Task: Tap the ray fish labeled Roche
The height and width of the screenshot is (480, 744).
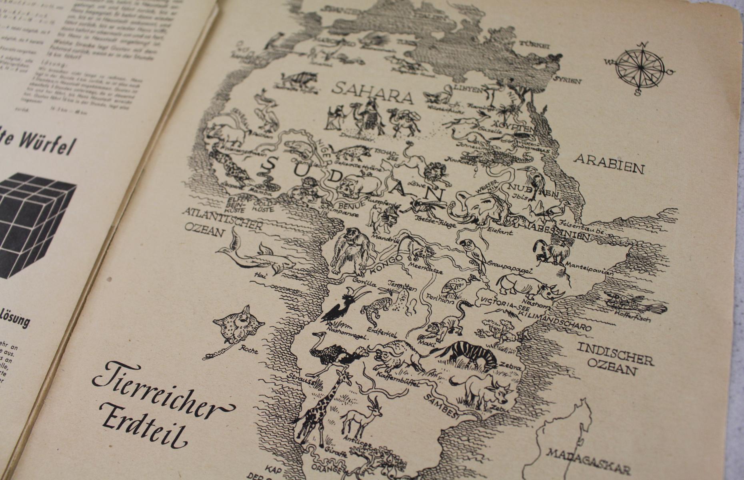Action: pyautogui.click(x=238, y=326)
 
